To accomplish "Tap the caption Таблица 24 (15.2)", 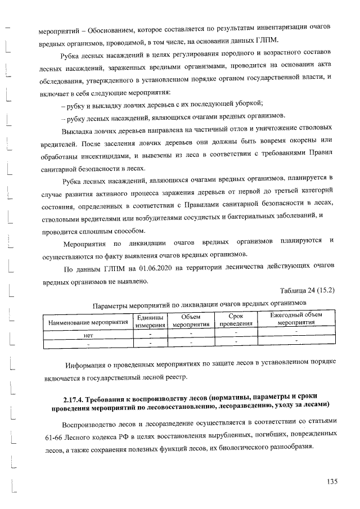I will click(307, 290).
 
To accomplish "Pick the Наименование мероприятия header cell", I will click(88, 323).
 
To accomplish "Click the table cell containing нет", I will click(88, 334).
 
